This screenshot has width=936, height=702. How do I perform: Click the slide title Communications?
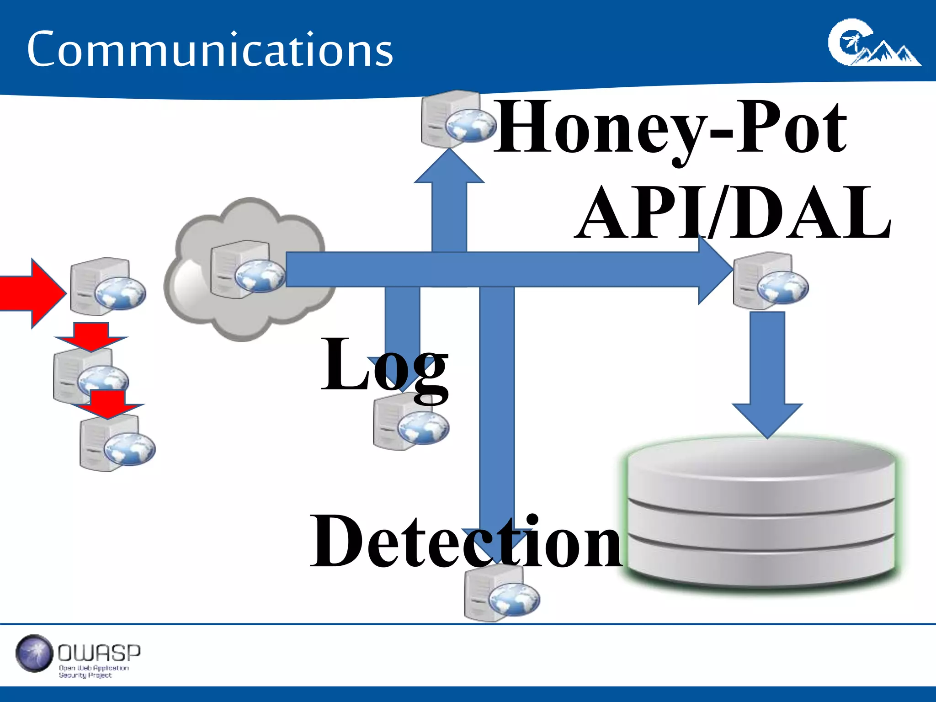coord(210,49)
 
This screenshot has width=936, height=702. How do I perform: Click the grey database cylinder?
coord(761,512)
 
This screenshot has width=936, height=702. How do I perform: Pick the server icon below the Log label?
coord(409,423)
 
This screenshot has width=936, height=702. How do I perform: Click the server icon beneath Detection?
coord(500,594)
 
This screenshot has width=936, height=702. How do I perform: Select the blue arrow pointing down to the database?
coord(767,375)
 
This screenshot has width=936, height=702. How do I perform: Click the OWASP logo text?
coord(99,654)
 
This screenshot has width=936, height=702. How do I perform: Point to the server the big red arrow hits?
coord(106,287)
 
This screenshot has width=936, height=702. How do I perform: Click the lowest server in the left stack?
coord(116,443)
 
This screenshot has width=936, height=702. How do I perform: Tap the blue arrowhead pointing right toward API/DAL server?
coord(715,270)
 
